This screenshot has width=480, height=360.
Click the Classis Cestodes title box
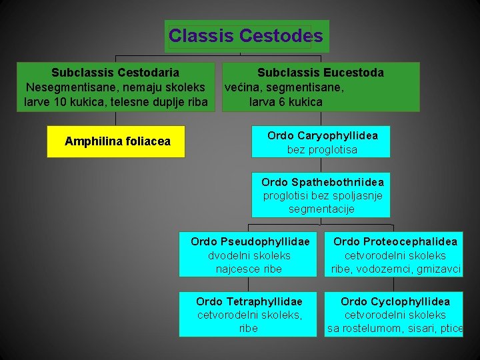tap(247, 36)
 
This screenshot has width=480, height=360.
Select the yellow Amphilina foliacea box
tap(115, 141)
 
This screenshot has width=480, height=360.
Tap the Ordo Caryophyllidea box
tap(321, 141)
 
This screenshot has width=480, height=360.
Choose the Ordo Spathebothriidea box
tap(321, 195)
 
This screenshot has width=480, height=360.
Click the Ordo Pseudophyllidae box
tap(248, 253)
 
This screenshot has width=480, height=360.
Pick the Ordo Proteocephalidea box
tap(394, 253)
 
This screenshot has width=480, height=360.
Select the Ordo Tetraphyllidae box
tap(248, 313)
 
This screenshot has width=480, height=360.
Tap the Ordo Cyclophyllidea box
tap(394, 313)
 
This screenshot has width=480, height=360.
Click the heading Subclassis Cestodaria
tap(115, 72)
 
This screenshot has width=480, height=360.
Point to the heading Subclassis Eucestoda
tap(321, 72)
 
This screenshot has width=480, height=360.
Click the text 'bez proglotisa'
tap(322, 150)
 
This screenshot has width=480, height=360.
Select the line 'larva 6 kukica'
tap(286, 102)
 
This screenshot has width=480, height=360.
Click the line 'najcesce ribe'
tap(249, 269)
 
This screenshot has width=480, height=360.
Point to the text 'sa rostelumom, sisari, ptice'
tap(395, 328)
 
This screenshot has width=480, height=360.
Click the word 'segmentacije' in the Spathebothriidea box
tap(321, 209)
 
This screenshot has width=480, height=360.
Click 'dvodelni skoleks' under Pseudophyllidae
tap(249, 255)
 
